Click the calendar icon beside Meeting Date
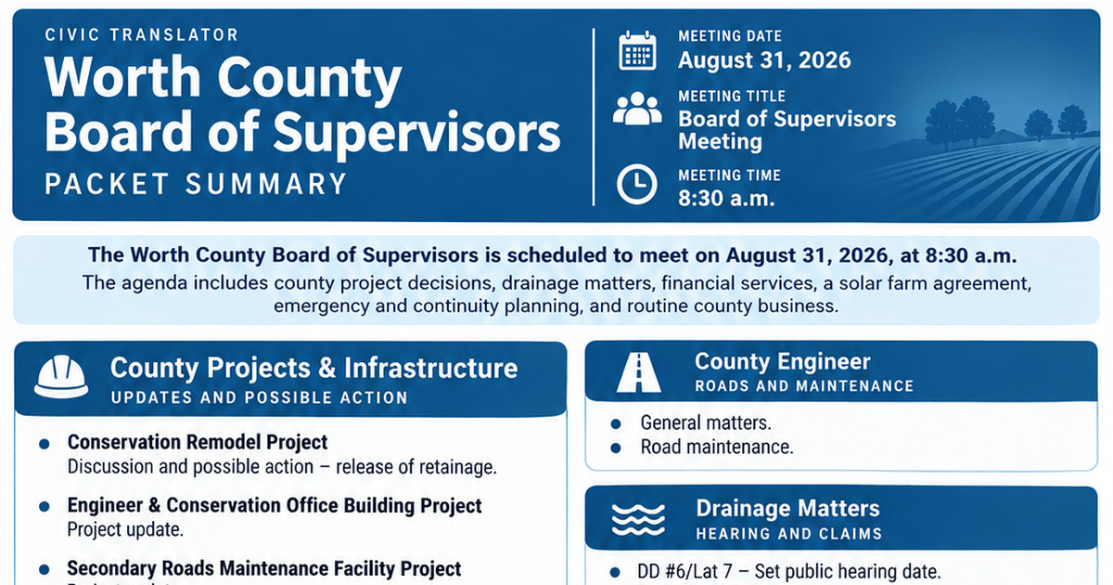coord(637,50)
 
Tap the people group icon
coord(637,108)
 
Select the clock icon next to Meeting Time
coord(637,184)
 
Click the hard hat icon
coord(61,377)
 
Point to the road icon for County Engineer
coord(638,372)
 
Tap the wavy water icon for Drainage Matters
coord(638,520)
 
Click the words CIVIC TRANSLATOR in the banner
coord(142,35)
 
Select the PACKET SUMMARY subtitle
coord(196,184)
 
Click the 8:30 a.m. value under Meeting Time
coord(726,199)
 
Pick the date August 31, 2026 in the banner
coord(764,60)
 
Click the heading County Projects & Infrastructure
coord(314,368)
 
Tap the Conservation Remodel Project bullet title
coord(198,442)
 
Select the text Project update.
coord(125,529)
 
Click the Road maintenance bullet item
coord(716,447)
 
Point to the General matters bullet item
coord(706,422)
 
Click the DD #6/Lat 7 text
coord(684,572)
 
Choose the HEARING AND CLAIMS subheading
coord(789,534)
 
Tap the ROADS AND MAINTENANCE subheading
coord(804,386)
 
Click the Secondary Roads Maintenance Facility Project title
coord(264,568)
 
